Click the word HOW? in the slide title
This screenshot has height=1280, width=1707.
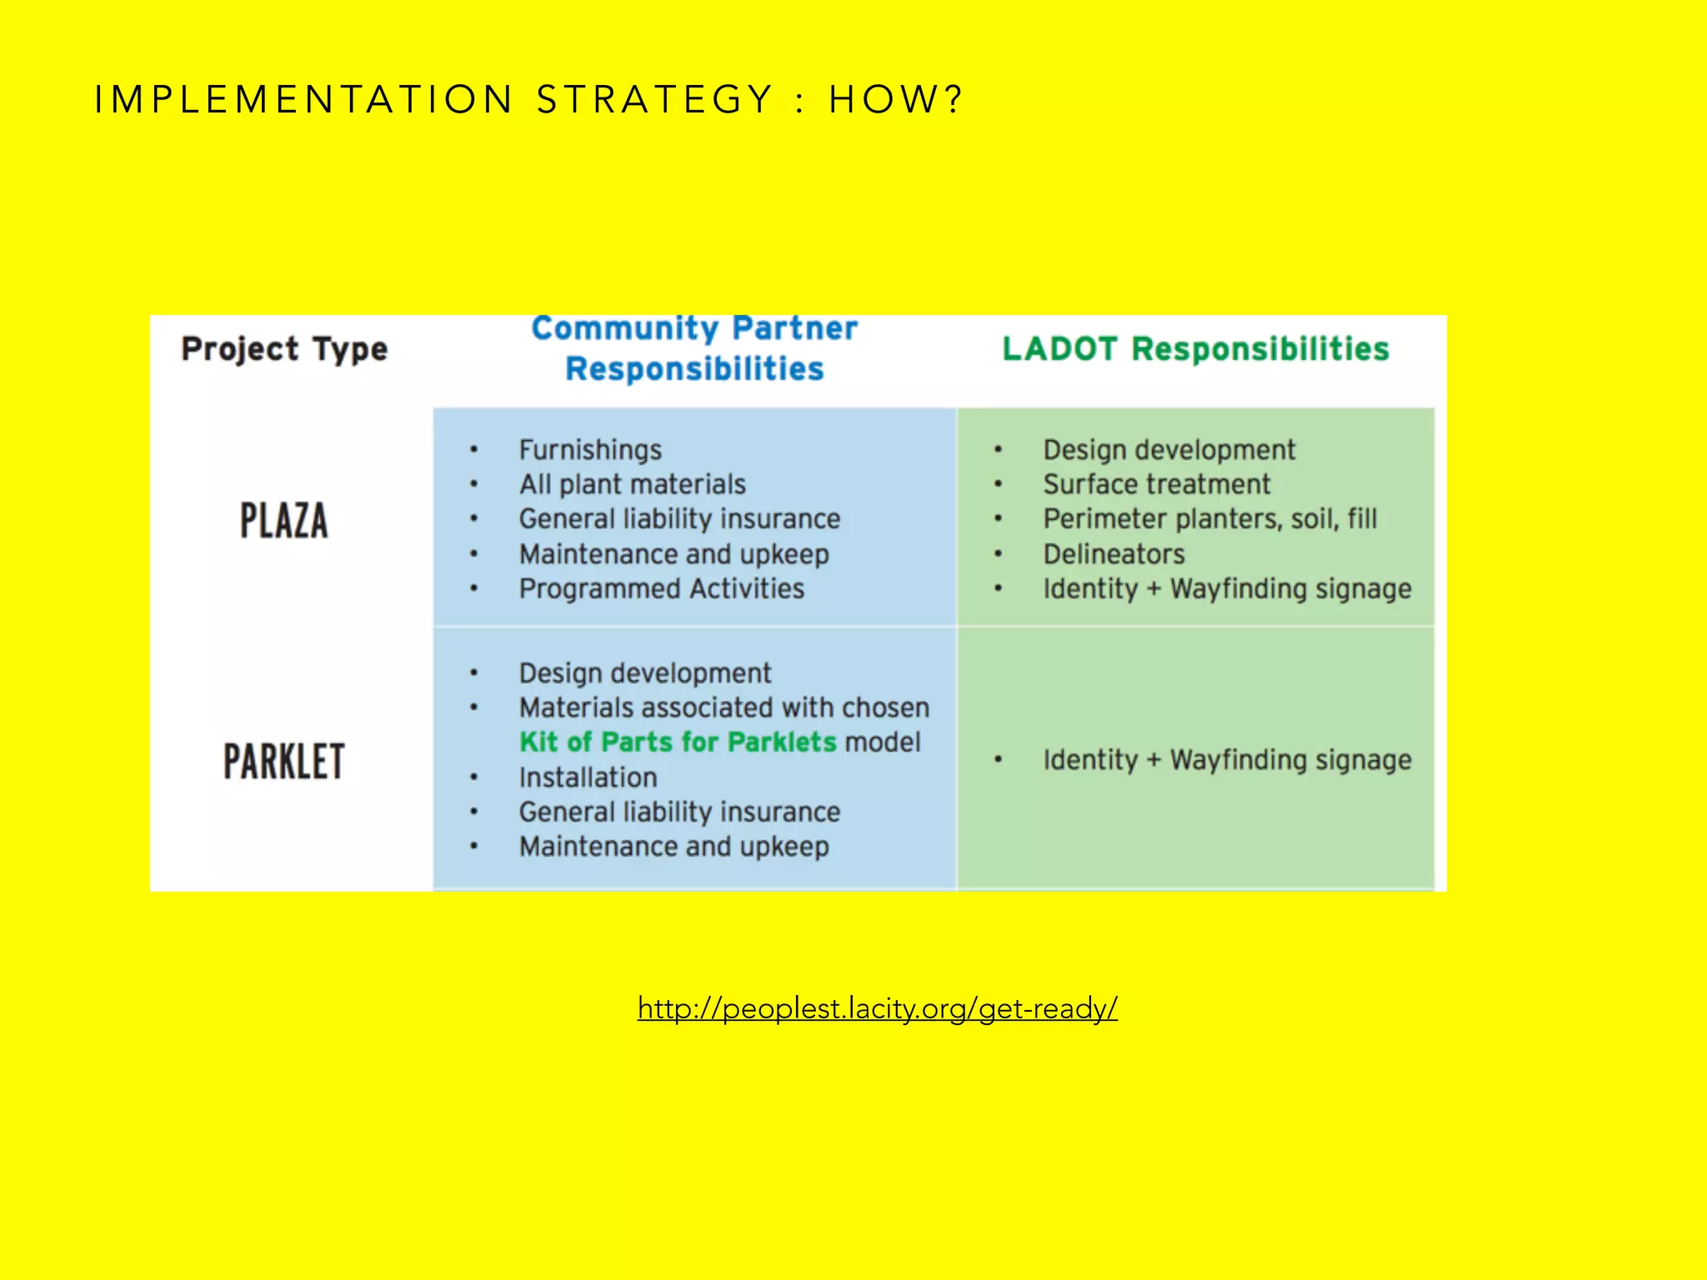pos(895,100)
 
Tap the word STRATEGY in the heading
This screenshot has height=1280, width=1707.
pos(655,100)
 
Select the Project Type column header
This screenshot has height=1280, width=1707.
pos(284,348)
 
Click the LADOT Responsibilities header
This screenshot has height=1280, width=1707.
pos(1195,348)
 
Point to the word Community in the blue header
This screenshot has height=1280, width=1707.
pos(623,328)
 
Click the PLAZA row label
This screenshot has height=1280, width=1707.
pos(284,522)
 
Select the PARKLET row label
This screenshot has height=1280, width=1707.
pos(284,761)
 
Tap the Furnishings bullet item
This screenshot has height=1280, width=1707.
pos(590,450)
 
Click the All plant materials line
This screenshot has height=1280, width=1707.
pos(632,484)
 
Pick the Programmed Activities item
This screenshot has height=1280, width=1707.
pos(661,588)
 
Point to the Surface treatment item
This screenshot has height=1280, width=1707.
pos(1156,484)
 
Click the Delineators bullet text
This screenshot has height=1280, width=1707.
pos(1114,554)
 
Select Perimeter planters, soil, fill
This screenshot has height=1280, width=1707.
pos(1209,519)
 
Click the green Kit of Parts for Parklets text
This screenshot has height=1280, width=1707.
pos(677,742)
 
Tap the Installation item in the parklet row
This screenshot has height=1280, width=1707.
pos(588,777)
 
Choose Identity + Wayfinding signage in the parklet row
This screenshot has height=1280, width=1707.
pos(1227,760)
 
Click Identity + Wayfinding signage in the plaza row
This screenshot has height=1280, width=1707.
pos(1227,589)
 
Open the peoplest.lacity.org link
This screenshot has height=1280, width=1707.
pos(877,1008)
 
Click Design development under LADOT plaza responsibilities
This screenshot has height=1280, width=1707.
pos(1169,450)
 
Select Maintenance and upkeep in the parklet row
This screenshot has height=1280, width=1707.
pos(673,847)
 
